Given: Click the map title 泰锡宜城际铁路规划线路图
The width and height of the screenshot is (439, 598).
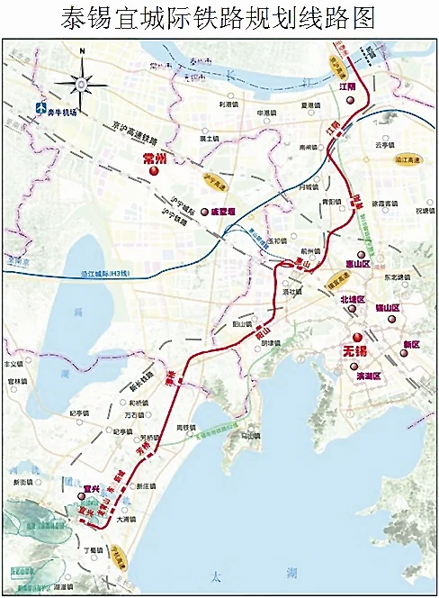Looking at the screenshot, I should (219, 17).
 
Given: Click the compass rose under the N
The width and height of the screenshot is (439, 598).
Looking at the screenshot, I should (80, 85).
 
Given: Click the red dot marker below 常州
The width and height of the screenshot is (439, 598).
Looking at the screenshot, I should (154, 171).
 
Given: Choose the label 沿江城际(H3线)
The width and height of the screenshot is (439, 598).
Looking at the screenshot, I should (91, 273).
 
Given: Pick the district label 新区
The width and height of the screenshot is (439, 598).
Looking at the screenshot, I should (410, 344).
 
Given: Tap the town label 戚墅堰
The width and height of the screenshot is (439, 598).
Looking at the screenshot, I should (221, 212).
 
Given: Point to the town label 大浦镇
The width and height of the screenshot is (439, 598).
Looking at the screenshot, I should (128, 519).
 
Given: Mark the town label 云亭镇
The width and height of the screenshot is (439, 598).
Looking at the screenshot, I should (384, 144).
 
